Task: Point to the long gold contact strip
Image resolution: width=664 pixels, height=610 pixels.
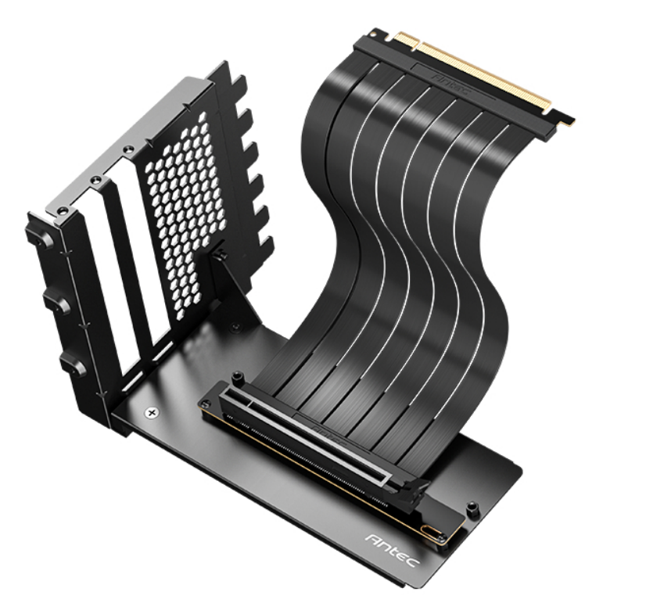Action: (478, 73)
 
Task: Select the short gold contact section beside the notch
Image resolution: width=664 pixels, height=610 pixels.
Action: (562, 120)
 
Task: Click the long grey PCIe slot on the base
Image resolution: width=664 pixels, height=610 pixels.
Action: (313, 437)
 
